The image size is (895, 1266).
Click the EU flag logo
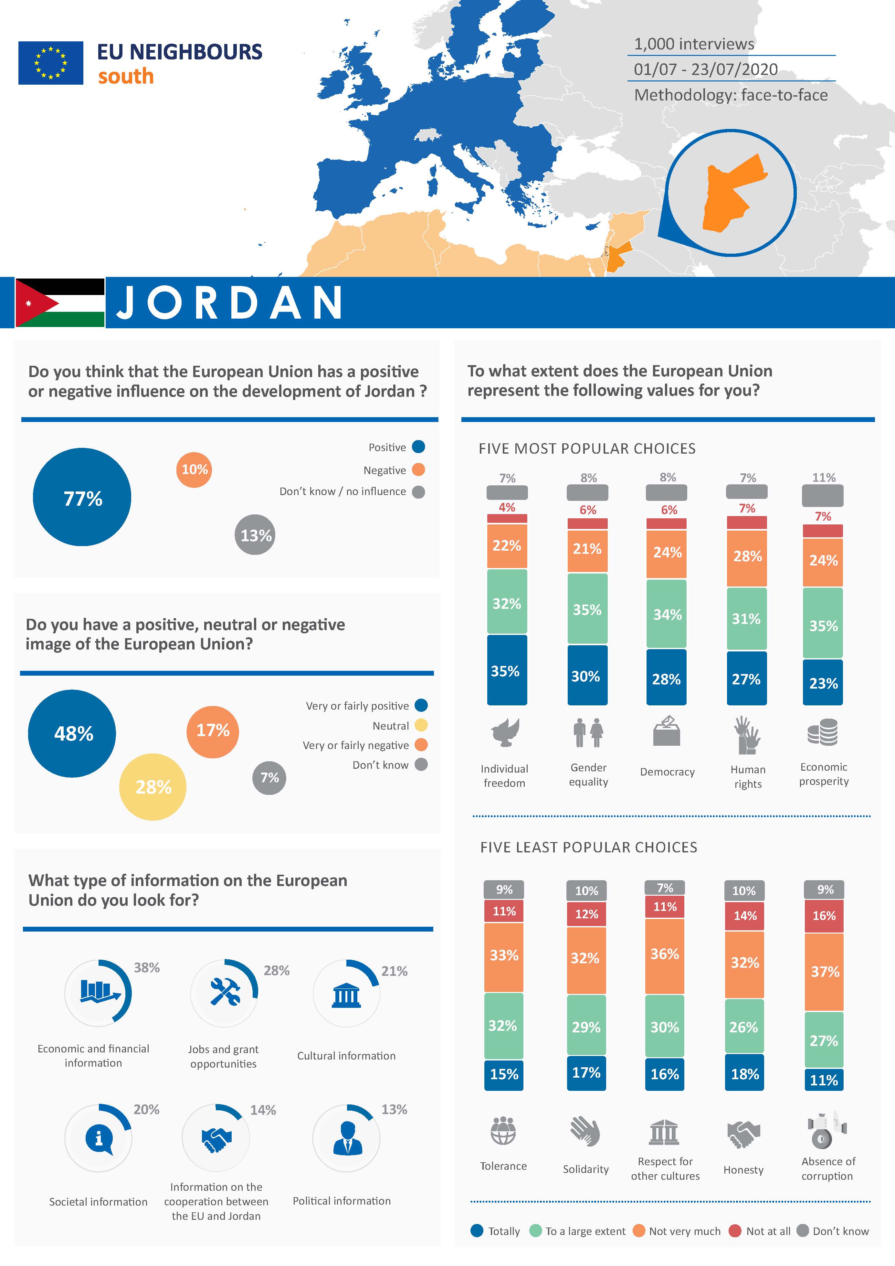(51, 63)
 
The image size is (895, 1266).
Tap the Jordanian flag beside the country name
(59, 303)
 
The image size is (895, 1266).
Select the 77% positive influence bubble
(82, 497)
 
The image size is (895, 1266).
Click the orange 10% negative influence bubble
(195, 470)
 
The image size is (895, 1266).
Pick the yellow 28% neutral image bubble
(153, 787)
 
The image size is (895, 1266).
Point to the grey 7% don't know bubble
(269, 778)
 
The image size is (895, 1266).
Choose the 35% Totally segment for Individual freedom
(506, 670)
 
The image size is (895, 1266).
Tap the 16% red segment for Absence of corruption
(824, 916)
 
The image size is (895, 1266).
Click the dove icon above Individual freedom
(505, 732)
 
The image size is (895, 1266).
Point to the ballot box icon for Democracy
(667, 731)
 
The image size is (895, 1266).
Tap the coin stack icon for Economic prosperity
(822, 732)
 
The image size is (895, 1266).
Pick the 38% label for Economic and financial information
(147, 968)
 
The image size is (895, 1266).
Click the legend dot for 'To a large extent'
(535, 1231)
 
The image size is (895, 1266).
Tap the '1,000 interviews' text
(694, 44)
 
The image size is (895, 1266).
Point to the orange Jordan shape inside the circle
(731, 193)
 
